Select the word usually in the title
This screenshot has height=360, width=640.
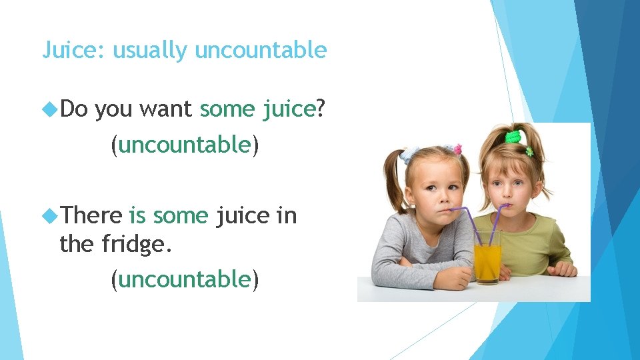point(151,51)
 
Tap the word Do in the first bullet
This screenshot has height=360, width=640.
point(73,109)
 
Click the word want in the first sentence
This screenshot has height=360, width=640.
point(166,109)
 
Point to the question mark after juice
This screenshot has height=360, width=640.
point(321,109)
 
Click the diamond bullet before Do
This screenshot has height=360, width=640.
point(49,108)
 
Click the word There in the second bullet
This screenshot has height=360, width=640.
point(92,216)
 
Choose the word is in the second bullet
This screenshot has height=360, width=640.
point(137,216)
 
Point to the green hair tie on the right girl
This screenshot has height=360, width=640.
point(513,137)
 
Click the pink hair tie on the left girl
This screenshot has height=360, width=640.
point(457,149)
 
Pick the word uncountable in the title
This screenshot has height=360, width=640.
point(261,50)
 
